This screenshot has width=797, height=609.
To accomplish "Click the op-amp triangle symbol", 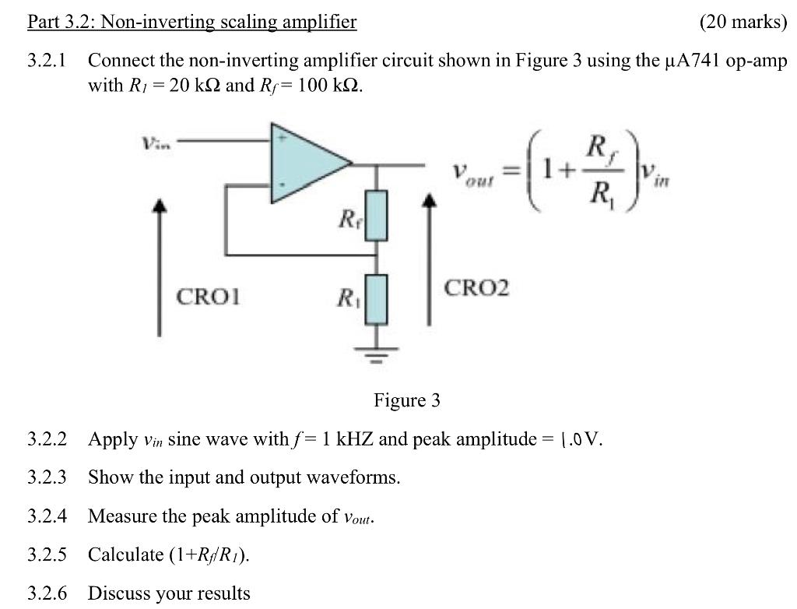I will coord(304,164).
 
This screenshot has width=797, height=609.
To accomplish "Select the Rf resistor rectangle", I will coord(376,216).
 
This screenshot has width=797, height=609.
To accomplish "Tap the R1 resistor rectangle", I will coord(376,298).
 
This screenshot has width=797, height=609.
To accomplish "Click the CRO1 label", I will coord(209,297).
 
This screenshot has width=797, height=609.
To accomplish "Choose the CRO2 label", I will coord(476,288).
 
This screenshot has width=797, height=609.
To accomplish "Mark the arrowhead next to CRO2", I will coord(427,201).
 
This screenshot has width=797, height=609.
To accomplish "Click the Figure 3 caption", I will coord(406,400).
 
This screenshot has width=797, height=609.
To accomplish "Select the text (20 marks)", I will coord(743,22).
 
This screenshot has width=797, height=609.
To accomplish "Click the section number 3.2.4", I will coord(47,516).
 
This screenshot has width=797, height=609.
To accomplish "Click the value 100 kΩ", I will coord(325,85).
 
